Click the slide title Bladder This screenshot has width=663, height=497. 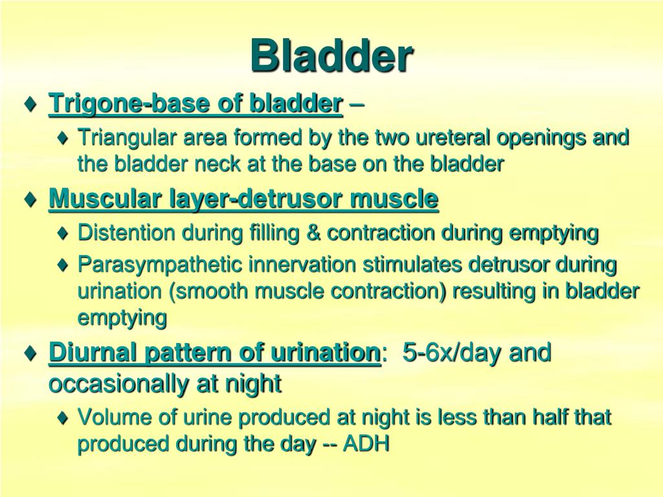point(331,56)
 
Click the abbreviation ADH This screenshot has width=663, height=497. point(367,445)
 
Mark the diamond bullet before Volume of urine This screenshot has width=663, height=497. point(62,419)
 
